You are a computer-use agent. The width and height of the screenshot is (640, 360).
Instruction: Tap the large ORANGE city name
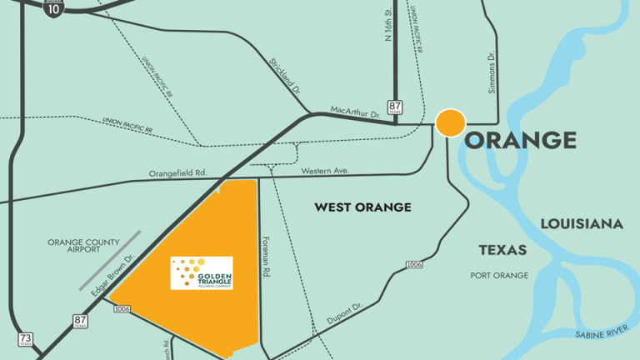point(520,139)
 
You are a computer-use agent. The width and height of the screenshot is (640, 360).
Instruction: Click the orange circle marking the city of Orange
point(450,122)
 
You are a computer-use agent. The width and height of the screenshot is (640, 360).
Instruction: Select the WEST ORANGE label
point(362,207)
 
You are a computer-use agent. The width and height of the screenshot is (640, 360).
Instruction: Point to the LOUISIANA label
point(582,224)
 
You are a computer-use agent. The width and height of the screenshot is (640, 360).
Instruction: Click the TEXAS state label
point(502,250)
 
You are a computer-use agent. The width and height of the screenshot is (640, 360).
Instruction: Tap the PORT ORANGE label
point(499,276)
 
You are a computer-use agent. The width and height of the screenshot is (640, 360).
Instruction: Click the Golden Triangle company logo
point(202,272)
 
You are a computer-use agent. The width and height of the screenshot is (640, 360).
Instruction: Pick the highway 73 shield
point(25,340)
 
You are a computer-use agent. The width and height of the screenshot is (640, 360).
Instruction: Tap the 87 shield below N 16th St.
point(394,107)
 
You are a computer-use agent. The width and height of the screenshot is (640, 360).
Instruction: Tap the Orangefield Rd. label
point(177,173)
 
